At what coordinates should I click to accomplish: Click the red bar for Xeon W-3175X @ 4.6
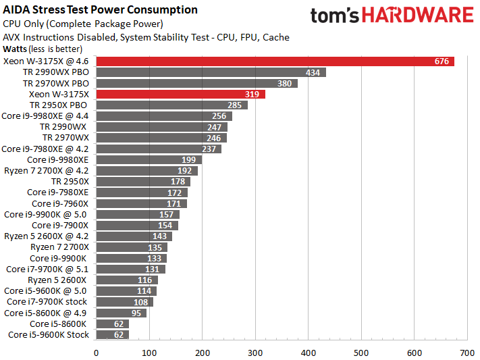tap(270, 61)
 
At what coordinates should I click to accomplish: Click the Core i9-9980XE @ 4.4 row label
tap(45, 116)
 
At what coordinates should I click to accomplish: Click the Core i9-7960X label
tap(60, 203)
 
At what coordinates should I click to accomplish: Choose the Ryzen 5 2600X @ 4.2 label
tap(46, 236)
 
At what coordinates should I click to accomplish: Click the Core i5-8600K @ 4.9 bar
tap(122, 313)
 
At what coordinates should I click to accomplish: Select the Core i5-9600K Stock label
tap(49, 334)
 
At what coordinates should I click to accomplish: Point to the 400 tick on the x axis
tap(309, 352)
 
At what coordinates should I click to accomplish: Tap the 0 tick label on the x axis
tap(97, 352)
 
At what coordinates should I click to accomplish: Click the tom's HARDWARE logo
tap(392, 16)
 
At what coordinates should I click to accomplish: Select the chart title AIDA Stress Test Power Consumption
tap(101, 9)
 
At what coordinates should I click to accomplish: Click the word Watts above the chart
tap(16, 49)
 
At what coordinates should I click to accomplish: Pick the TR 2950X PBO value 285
tap(235, 105)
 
